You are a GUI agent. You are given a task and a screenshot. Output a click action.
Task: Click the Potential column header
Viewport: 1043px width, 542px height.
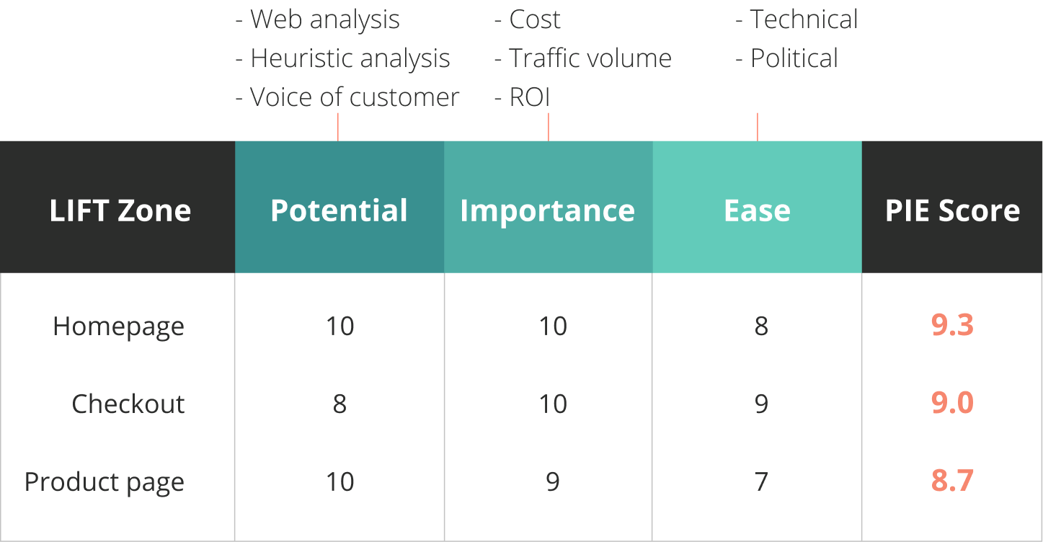[x=339, y=210]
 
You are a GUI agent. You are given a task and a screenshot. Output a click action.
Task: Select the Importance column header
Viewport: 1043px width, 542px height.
[x=548, y=212]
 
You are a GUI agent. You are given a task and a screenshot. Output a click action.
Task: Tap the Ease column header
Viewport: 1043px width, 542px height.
[x=757, y=210]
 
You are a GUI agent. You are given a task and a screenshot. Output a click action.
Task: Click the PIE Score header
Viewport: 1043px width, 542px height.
[x=952, y=210]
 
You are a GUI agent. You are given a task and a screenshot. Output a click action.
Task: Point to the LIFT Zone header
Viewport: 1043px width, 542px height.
[x=120, y=210]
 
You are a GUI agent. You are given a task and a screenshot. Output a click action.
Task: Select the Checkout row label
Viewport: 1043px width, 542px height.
[x=128, y=403]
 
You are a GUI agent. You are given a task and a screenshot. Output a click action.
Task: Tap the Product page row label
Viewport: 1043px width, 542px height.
[x=105, y=482]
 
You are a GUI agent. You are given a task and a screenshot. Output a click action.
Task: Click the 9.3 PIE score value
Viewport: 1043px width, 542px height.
[x=952, y=325]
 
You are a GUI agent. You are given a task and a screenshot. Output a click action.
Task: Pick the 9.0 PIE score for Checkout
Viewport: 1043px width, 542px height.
[x=952, y=403]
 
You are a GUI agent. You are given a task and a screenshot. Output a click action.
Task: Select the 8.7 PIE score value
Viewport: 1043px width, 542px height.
[x=952, y=481]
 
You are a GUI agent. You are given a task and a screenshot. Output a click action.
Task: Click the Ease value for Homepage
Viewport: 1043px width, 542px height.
[x=761, y=326]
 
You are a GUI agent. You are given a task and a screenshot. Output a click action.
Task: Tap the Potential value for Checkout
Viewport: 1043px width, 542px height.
[x=339, y=404]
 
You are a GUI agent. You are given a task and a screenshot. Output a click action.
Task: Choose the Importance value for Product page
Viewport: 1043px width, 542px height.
[x=553, y=481]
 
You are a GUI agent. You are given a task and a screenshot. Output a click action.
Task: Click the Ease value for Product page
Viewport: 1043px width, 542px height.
[x=761, y=481]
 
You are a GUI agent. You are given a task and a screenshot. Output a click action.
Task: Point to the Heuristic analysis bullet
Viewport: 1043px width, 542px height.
[x=342, y=58]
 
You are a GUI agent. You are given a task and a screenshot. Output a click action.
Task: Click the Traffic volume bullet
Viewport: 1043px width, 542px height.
[x=583, y=58]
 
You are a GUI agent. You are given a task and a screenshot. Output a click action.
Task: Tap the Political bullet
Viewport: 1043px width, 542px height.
[x=786, y=58]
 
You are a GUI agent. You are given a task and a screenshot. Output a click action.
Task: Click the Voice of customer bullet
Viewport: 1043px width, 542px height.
[x=347, y=97]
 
